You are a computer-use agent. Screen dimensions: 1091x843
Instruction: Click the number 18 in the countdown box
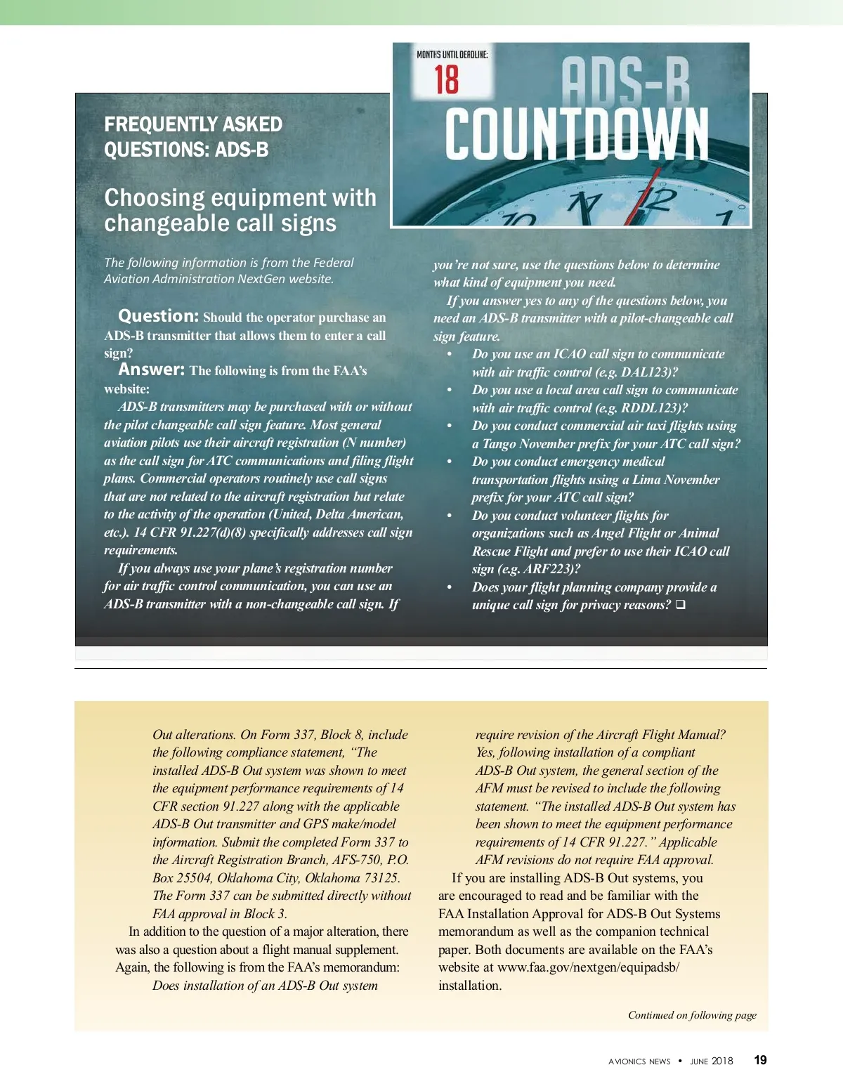pos(446,79)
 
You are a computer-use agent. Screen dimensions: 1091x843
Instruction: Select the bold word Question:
pos(159,316)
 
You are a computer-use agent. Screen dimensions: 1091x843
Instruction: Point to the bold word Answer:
pos(152,370)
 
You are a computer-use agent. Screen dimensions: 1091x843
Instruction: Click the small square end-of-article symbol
pos(680,604)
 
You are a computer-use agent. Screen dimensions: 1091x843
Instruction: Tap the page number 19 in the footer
pos(760,1060)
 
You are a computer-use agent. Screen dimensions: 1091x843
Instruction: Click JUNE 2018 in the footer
pos(711,1061)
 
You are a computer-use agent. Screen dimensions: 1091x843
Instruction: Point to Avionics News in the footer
pos(639,1061)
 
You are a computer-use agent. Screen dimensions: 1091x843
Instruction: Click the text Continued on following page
pos(692,1015)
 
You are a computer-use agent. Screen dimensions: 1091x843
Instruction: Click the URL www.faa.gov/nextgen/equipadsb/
pos(589,967)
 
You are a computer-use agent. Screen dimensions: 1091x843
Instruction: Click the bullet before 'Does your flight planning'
pos(450,587)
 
